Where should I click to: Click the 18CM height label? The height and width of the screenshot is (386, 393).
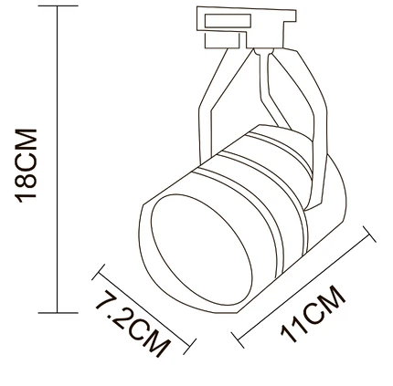(x=26, y=165)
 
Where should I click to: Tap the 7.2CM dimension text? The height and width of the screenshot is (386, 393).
(x=133, y=323)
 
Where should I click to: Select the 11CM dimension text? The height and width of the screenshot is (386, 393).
(x=313, y=314)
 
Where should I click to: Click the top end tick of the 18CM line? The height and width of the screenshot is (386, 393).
(x=58, y=5)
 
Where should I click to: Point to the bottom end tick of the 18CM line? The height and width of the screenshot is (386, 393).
(x=58, y=313)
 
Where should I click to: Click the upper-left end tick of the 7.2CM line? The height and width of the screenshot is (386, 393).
(x=98, y=272)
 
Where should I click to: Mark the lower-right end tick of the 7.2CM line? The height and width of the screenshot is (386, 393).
(x=189, y=347)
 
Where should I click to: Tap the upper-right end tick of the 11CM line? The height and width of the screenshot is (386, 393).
(x=369, y=234)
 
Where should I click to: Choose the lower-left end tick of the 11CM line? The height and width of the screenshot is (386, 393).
(x=238, y=339)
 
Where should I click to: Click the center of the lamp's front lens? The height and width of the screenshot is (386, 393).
(x=202, y=249)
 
